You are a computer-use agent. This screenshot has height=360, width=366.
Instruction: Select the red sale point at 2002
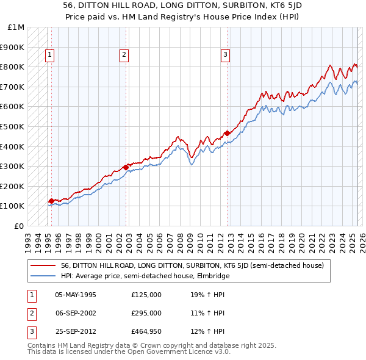(x=126, y=167)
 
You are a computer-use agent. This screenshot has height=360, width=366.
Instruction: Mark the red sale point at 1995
(x=51, y=201)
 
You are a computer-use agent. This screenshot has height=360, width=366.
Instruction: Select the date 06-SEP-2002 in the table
(x=76, y=313)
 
